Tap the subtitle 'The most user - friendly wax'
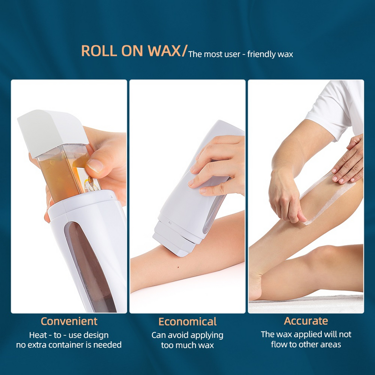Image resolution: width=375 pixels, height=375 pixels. tap(241, 54)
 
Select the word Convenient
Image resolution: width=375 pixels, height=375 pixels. tap(69, 321)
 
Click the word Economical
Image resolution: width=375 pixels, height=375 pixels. tap(187, 322)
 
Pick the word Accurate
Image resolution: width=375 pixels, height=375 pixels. tap(306, 321)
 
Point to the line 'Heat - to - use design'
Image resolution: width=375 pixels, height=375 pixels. tap(69, 335)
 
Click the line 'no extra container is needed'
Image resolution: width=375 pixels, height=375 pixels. tap(69, 345)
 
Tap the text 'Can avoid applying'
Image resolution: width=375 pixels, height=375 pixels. tap(187, 335)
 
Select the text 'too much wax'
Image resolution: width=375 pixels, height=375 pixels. tap(187, 345)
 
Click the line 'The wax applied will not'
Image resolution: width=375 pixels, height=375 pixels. tap(306, 334)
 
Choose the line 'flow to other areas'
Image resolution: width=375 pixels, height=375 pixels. tap(306, 344)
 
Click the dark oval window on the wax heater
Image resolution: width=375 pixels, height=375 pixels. tap(87, 264)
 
